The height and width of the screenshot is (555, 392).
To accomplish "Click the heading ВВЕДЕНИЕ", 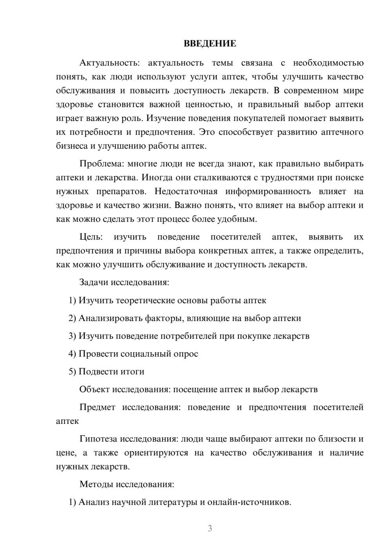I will point(210,44).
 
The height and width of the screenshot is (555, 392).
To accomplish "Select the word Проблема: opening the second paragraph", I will point(102,164).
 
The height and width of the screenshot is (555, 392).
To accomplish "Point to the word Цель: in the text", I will point(91,237).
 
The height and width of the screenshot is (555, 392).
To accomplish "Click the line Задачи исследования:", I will point(124,282).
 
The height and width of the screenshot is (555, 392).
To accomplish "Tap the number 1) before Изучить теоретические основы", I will point(73,301).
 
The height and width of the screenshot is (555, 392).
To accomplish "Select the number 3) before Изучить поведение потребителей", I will point(73,336).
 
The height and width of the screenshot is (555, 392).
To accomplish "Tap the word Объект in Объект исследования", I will point(94,389).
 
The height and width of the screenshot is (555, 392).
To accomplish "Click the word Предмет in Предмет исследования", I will point(97,407).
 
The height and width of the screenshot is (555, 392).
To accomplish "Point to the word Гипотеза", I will point(98,439).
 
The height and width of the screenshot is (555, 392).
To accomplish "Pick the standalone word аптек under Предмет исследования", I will point(67,421).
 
